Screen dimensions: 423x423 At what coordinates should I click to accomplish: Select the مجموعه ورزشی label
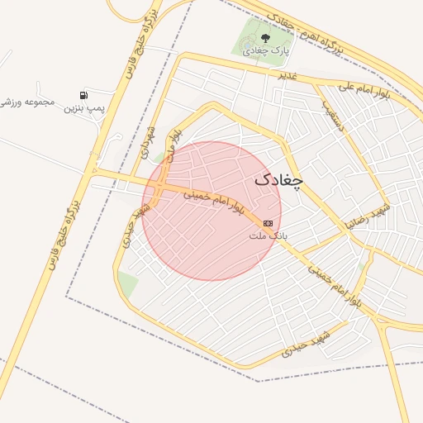pyautogui.click(x=27, y=102)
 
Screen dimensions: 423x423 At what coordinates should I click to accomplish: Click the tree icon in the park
pyautogui.click(x=265, y=37)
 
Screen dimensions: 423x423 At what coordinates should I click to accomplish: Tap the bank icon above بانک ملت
pyautogui.click(x=268, y=223)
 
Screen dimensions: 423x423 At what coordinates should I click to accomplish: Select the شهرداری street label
pyautogui.click(x=146, y=141)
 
